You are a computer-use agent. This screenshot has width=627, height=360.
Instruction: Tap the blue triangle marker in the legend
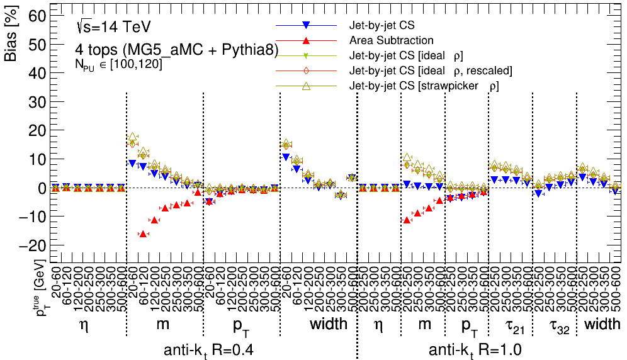click(305, 26)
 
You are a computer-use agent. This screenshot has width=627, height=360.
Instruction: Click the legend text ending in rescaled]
click(431, 70)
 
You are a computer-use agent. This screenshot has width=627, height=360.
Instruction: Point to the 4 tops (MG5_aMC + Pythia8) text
click(176, 50)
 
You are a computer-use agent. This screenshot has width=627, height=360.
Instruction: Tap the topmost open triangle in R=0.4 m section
click(132, 137)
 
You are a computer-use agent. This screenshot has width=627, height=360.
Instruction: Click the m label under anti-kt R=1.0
click(425, 325)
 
